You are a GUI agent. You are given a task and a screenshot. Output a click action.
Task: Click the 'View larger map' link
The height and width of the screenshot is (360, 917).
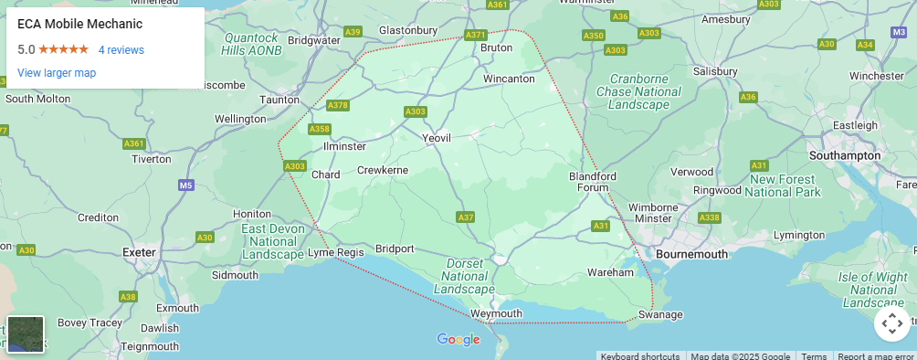[57, 73]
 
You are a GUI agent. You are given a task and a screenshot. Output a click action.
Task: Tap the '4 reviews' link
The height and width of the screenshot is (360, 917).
[121, 50]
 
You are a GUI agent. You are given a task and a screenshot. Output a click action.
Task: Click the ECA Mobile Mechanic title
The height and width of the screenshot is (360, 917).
[79, 24]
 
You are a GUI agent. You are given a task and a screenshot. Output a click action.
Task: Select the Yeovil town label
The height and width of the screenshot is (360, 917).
[437, 137]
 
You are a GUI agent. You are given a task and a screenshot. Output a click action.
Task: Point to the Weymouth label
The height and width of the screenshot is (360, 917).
[497, 313]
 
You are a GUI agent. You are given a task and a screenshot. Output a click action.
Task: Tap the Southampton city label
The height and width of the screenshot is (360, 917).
[845, 156]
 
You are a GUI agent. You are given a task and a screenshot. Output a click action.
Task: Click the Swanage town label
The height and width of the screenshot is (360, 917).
[660, 314]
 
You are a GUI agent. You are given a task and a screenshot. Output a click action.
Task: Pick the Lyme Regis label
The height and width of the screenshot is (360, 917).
[335, 252]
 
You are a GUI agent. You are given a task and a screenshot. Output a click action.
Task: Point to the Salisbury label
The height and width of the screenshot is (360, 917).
[714, 71]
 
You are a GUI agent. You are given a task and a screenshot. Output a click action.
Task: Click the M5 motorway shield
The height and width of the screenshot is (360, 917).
[186, 185]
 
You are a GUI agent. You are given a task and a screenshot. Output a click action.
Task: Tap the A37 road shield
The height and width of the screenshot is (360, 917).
[466, 217]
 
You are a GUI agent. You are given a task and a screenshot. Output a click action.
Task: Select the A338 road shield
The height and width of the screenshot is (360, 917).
[709, 217]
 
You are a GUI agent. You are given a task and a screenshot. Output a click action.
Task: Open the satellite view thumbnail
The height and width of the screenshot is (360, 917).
[26, 334]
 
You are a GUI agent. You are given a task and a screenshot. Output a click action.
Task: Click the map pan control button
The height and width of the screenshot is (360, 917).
[891, 323]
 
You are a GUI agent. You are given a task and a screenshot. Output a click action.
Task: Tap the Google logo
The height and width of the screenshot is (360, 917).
[458, 340]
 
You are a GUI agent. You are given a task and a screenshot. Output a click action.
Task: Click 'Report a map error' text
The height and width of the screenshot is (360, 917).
[876, 356]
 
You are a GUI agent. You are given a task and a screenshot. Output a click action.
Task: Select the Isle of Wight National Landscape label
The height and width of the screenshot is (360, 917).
[873, 290]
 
